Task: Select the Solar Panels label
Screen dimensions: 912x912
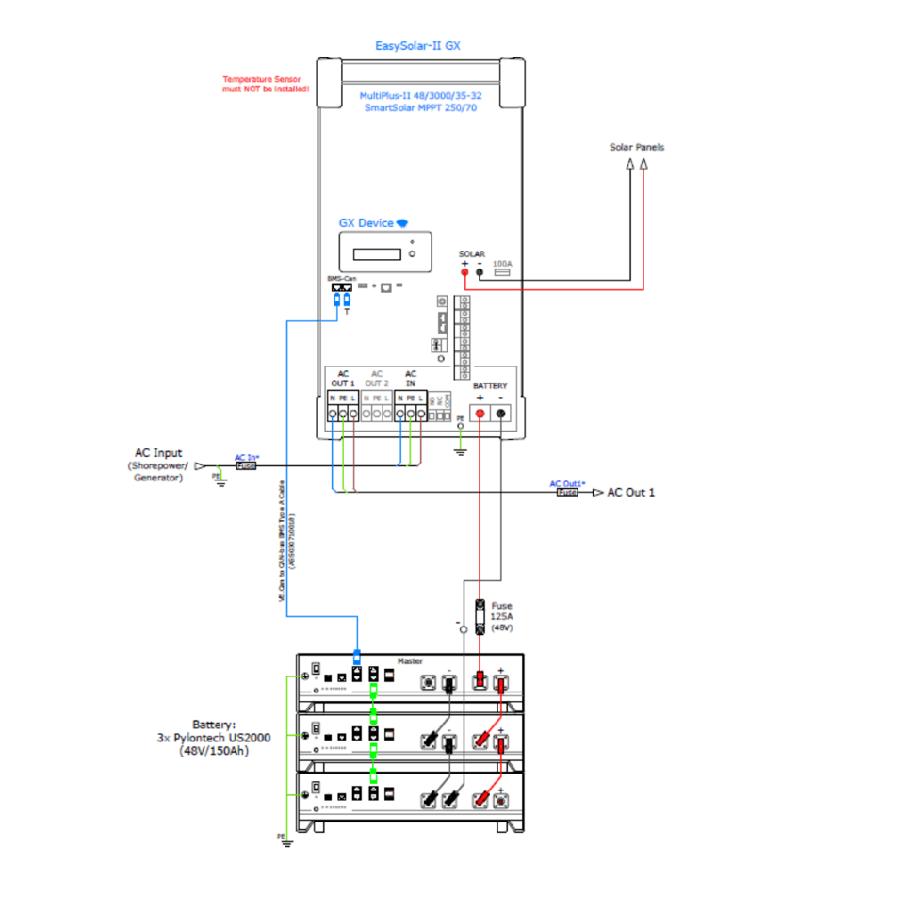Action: click(x=637, y=147)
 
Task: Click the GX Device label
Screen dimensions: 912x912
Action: click(x=366, y=223)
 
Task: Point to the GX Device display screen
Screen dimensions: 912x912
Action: click(x=375, y=254)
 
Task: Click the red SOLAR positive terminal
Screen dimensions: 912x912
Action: click(x=464, y=273)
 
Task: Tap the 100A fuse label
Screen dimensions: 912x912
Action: click(x=502, y=265)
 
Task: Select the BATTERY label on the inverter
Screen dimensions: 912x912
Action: click(x=490, y=386)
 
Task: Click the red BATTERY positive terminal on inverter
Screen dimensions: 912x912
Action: click(x=480, y=413)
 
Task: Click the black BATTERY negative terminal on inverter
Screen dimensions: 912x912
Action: click(x=501, y=413)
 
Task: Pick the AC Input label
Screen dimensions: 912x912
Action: click(x=159, y=453)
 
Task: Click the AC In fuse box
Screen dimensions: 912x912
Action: click(x=245, y=465)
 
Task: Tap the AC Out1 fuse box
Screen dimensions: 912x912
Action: click(x=567, y=492)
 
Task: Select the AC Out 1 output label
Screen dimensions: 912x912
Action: click(x=631, y=493)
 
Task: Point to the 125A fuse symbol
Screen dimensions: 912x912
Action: click(x=481, y=615)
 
